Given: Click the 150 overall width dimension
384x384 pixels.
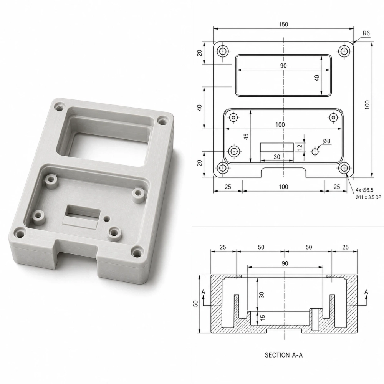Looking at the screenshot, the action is point(283,25).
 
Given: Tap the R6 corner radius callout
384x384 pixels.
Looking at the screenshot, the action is point(366,33).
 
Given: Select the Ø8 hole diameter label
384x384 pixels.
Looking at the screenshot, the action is point(326,141).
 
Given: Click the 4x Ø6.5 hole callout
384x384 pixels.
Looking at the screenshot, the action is point(365,190).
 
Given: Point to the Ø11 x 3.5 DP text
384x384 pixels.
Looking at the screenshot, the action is point(368,197).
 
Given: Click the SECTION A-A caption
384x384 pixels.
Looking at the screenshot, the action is point(284,355).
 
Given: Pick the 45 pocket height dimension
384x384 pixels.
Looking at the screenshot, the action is point(247,137).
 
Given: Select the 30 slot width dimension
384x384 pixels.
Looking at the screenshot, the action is point(277,157).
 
